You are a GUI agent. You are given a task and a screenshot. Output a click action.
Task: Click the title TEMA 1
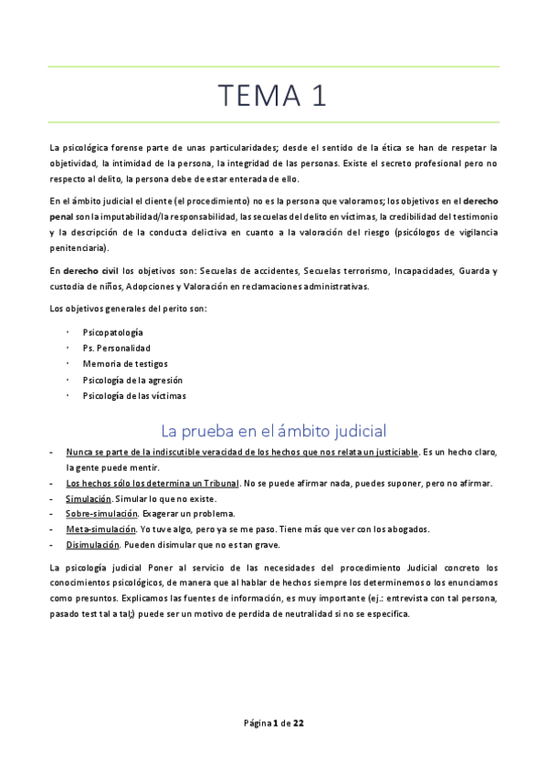click(273, 95)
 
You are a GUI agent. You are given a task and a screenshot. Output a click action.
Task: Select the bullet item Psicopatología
click(112, 332)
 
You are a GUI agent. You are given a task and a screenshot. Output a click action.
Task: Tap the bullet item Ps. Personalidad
click(117, 348)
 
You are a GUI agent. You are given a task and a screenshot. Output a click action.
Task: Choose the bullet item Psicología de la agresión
click(132, 380)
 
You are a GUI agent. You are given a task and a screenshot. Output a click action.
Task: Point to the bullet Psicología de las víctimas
click(134, 395)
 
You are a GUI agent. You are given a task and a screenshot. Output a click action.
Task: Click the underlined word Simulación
click(89, 498)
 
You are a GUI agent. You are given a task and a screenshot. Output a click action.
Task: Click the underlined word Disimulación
click(92, 545)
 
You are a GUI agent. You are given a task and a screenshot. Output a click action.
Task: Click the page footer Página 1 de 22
click(273, 723)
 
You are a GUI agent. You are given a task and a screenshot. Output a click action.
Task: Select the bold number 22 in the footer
click(298, 723)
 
